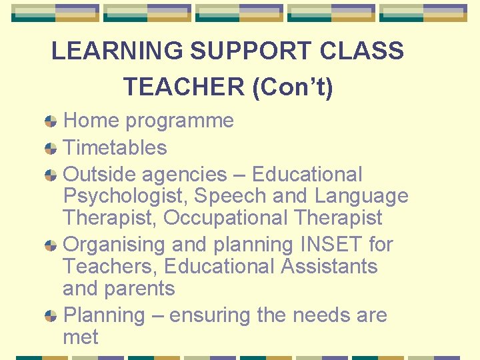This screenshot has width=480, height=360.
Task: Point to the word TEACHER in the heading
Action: point(184,87)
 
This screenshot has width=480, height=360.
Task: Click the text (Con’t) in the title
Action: point(293,87)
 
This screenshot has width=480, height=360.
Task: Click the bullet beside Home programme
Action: point(51,122)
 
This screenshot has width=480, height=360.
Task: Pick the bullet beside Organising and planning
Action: point(51,246)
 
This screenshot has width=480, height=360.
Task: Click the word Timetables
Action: point(115,147)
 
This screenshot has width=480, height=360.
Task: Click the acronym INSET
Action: point(324,245)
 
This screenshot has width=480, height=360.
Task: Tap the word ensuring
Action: point(210,315)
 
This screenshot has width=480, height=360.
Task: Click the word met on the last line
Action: point(80,337)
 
